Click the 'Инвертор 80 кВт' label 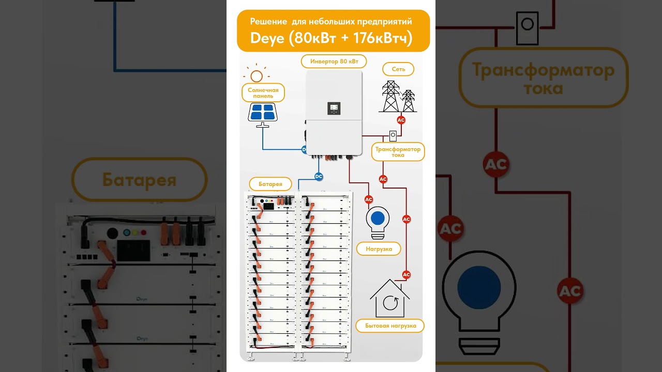coord(334,61)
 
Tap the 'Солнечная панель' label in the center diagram coord(263,93)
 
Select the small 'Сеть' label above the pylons coord(398,69)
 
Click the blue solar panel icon coord(262,112)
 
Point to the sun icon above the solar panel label coord(256,75)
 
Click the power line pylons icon coord(398,97)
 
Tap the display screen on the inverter coord(334,108)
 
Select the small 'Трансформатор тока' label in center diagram coord(398,152)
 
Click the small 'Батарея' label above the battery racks coord(270,184)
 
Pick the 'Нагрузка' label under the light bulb coord(379,249)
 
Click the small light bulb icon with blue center coord(378,221)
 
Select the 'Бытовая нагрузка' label coord(390,326)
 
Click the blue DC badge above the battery coord(319,177)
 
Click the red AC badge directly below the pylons coord(401,120)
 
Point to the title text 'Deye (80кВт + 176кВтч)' coord(331,38)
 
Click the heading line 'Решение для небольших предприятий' coord(331,22)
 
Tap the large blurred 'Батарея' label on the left coord(139,180)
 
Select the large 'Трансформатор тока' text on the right coord(543,78)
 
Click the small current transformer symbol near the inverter coord(393,136)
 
